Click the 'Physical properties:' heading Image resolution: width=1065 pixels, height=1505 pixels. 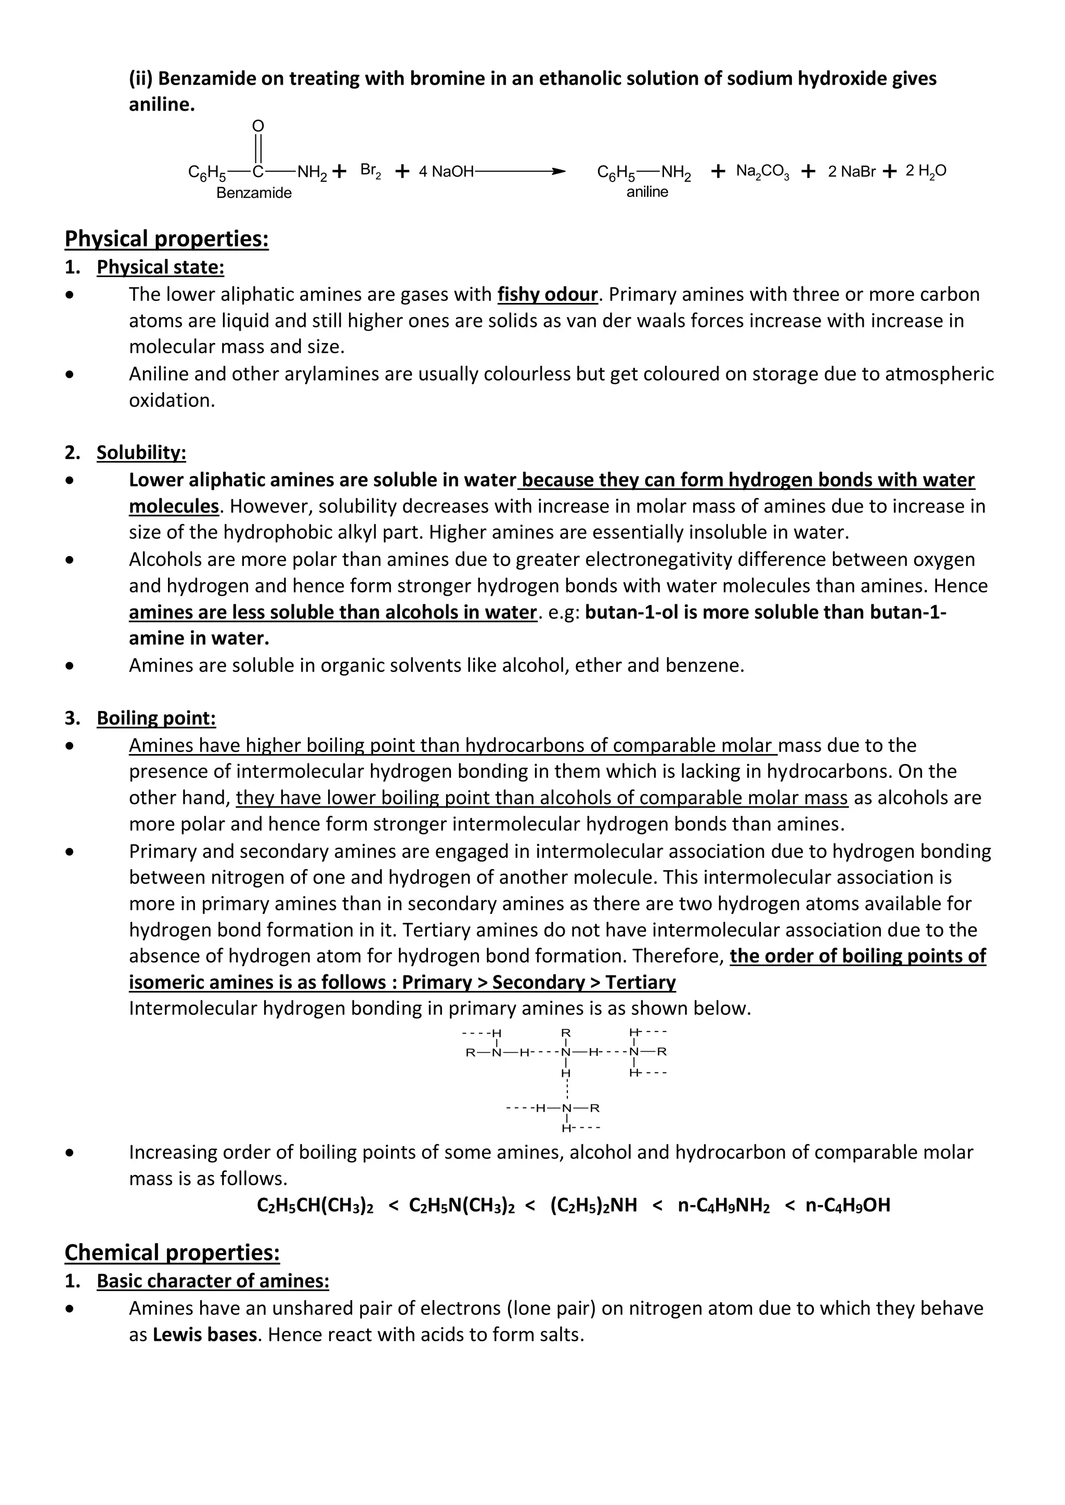click(x=166, y=239)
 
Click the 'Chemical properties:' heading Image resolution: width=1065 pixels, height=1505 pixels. click(x=172, y=1252)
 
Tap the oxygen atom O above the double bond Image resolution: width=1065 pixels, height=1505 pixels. click(x=258, y=126)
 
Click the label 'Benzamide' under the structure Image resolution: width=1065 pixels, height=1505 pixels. click(x=254, y=193)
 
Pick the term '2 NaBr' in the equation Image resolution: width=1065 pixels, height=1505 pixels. click(x=851, y=171)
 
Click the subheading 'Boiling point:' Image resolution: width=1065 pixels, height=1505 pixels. click(x=156, y=718)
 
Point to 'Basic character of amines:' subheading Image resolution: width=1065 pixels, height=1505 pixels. click(x=213, y=1281)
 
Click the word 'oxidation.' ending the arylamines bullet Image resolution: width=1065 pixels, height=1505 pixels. click(x=172, y=401)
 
